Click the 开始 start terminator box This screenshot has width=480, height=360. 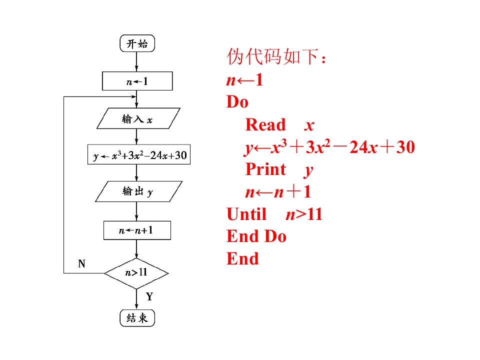click(137, 43)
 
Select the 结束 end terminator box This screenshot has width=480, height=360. click(137, 318)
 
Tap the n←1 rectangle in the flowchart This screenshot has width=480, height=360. click(137, 81)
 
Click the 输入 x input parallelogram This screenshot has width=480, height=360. click(137, 119)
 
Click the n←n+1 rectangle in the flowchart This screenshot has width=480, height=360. click(137, 230)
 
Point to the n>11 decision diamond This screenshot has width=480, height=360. click(136, 273)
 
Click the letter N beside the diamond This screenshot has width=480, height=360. click(82, 264)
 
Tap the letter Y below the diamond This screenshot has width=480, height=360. click(149, 296)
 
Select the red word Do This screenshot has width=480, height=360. click(237, 102)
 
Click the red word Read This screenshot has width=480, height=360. click(265, 125)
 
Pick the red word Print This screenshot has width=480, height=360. click(265, 169)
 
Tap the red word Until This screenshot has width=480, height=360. click(246, 214)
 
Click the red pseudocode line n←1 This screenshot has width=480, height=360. click(244, 79)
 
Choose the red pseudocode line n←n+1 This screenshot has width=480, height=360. click(278, 192)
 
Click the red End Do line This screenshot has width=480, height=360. click(256, 236)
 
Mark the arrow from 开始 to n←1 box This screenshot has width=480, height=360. click(136, 61)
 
